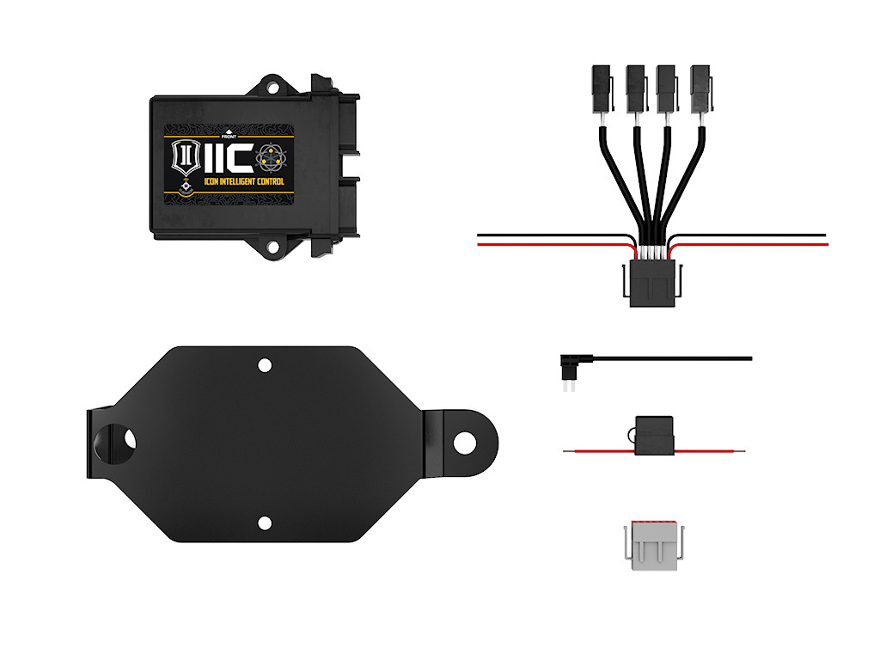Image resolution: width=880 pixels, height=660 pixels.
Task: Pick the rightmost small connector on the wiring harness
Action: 701,87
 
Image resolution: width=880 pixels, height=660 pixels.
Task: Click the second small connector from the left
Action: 635,87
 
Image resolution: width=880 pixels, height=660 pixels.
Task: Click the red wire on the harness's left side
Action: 550,244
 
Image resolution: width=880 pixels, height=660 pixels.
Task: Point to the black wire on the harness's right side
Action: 756,235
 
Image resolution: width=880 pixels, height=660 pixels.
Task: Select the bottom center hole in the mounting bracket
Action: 265,522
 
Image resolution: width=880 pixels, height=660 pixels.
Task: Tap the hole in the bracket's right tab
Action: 464,443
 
